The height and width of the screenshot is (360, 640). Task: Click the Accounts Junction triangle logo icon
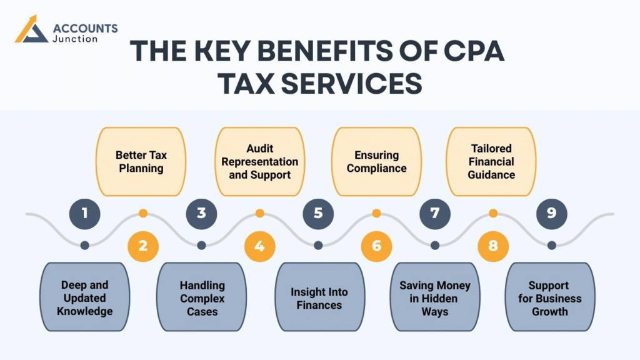point(31,30)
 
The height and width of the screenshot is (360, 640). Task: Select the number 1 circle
point(84,213)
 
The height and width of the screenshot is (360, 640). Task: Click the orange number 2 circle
point(143,246)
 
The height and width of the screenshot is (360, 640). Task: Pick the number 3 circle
point(201,213)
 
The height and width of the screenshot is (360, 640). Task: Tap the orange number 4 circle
point(259,246)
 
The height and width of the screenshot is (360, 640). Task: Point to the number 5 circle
point(318,213)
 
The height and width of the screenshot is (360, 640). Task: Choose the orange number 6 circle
point(376,246)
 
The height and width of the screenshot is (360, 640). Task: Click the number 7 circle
point(435,213)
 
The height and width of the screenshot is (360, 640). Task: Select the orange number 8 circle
point(493,246)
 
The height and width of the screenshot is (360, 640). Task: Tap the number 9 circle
point(551,213)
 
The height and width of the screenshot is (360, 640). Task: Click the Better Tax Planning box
point(141,161)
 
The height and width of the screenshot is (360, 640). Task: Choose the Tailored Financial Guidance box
point(491,161)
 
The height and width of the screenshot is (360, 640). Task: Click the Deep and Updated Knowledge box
point(84,297)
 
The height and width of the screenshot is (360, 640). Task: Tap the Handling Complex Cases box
point(202,297)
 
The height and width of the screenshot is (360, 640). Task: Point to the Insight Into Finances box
point(319,297)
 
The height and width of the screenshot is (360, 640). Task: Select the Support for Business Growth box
point(549,297)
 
